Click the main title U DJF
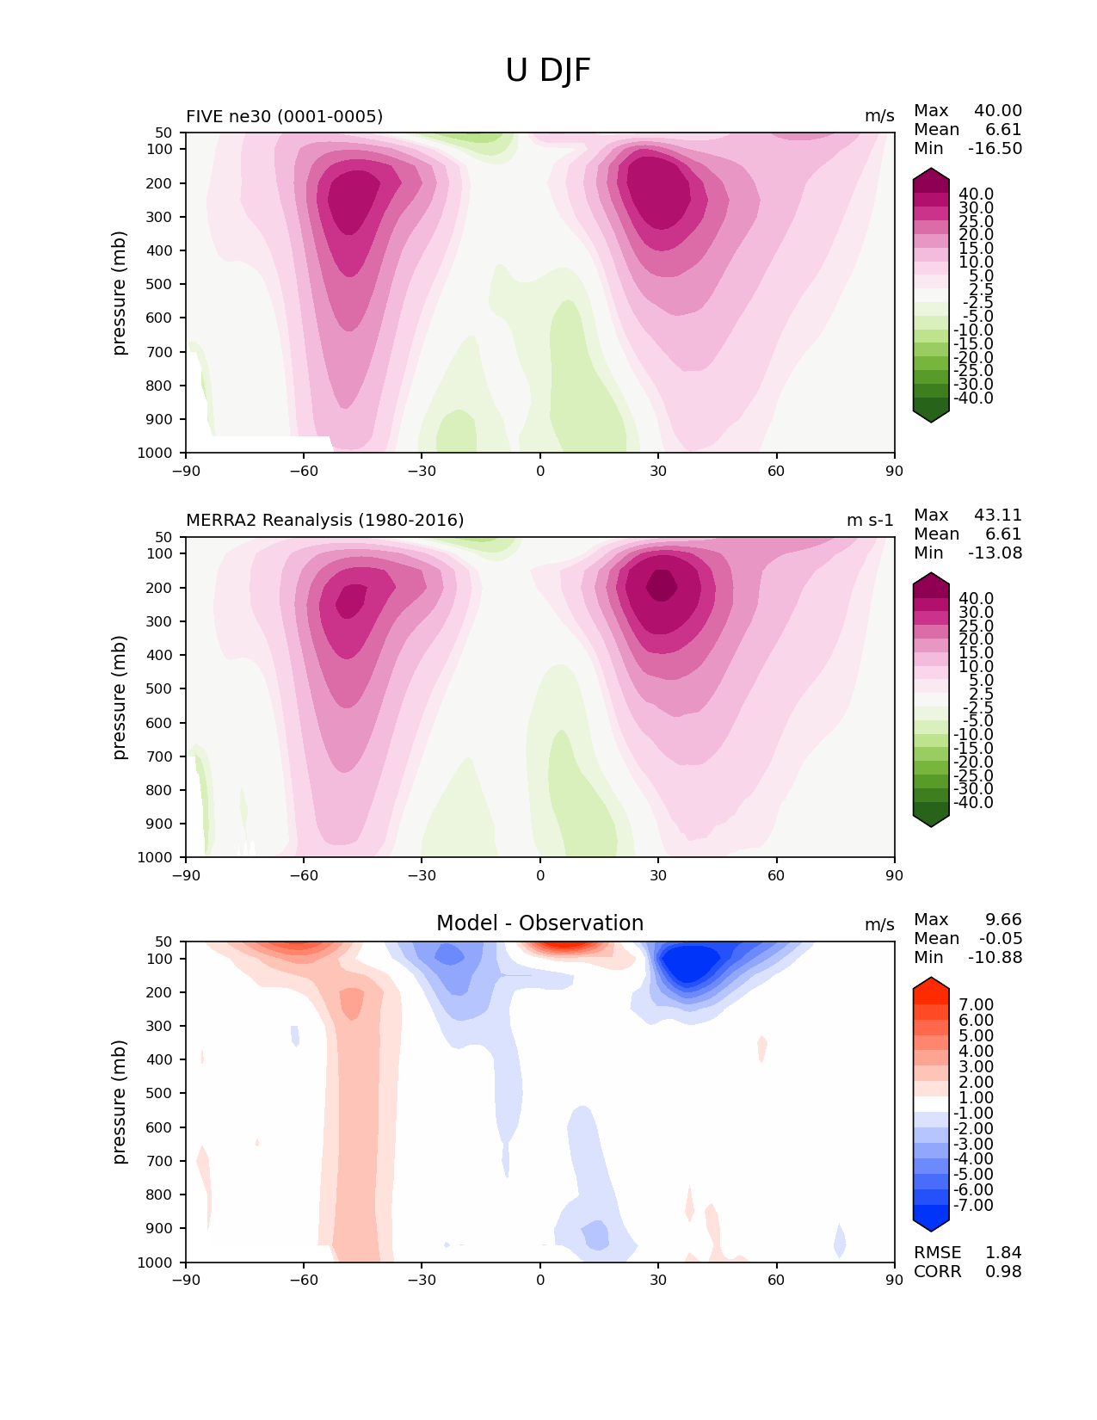(x=548, y=71)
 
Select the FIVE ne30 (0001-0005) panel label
(x=284, y=116)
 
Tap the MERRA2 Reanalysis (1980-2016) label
(x=324, y=521)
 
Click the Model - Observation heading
(x=539, y=923)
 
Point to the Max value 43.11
(x=998, y=516)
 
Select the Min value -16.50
(x=995, y=149)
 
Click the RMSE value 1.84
(x=1003, y=1253)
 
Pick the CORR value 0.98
(x=1003, y=1272)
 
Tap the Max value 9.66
(x=1003, y=920)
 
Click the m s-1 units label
(x=870, y=521)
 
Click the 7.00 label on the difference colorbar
(x=976, y=1005)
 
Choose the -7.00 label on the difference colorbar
(x=973, y=1206)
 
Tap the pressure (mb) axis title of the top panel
(x=120, y=293)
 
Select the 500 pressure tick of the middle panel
(x=162, y=688)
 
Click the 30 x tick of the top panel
(x=658, y=471)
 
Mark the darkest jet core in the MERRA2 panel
(x=662, y=585)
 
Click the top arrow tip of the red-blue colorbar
(x=931, y=979)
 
